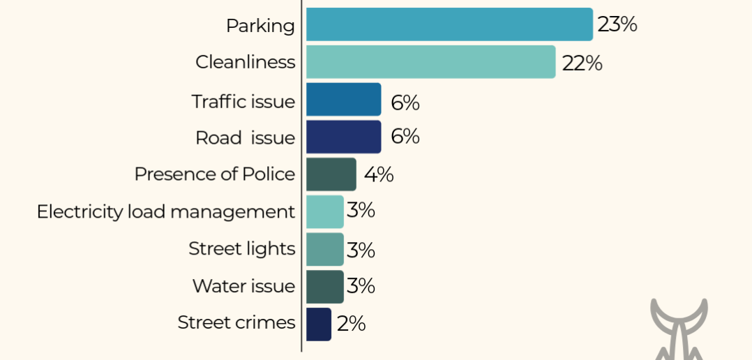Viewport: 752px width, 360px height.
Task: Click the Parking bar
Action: click(449, 24)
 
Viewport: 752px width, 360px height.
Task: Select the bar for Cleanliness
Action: click(430, 62)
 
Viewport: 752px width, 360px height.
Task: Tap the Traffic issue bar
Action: click(343, 99)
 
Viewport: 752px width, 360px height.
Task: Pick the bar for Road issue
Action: click(343, 137)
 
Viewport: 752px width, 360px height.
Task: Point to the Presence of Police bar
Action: click(331, 174)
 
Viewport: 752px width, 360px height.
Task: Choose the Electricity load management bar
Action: click(324, 212)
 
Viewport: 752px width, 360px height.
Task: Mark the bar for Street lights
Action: click(324, 249)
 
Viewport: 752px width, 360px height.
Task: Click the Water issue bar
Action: click(324, 287)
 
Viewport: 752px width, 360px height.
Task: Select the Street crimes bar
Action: click(318, 324)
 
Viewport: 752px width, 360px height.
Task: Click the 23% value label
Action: click(617, 24)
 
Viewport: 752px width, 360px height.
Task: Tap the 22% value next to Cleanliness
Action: click(582, 63)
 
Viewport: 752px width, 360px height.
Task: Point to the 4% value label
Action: click(378, 175)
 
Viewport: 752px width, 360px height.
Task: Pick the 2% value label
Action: click(351, 324)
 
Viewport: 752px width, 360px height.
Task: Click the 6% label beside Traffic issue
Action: click(405, 103)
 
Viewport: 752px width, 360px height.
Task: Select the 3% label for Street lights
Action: click(361, 250)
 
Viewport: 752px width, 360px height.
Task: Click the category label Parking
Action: click(260, 27)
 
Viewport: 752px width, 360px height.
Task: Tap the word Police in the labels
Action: click(269, 174)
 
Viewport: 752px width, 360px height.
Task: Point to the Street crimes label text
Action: click(236, 322)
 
